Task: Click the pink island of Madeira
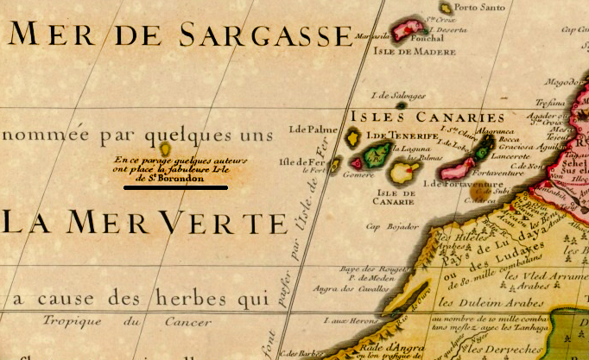pos(407,32)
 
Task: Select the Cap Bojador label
pos(385,228)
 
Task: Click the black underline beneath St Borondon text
pos(175,186)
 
